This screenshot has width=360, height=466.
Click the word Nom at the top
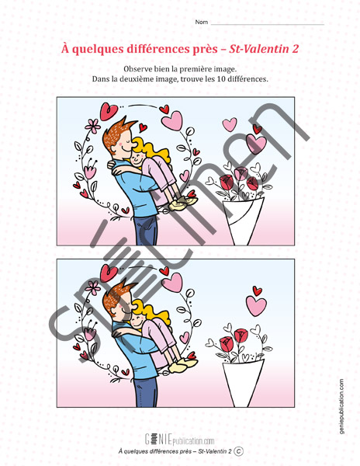click(201, 22)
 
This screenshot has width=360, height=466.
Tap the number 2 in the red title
click(295, 49)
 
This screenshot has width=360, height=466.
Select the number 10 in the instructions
click(221, 79)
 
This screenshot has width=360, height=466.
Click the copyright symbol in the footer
click(238, 451)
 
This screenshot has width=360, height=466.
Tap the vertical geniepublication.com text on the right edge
click(341, 406)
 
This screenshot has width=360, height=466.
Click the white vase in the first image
click(243, 221)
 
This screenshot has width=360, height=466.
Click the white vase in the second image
click(243, 384)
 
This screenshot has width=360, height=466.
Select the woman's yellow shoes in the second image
click(182, 365)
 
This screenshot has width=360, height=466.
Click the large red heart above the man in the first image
click(109, 111)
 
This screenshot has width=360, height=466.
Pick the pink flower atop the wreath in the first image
click(93, 126)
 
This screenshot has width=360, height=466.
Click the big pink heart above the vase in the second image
click(256, 305)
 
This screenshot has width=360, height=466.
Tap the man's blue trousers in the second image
click(147, 391)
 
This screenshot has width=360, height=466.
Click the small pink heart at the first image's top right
click(230, 124)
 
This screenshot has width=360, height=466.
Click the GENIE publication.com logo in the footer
click(179, 440)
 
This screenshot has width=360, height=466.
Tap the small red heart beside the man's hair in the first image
click(143, 127)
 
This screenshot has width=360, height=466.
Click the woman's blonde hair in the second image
click(154, 314)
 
